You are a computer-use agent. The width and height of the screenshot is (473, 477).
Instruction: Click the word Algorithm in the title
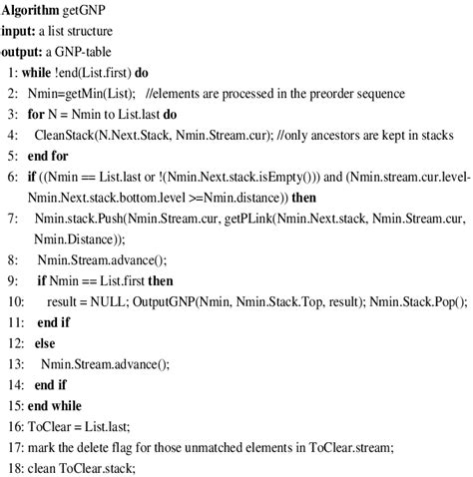click(34, 10)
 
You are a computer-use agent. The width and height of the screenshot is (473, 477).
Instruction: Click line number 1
click(11, 73)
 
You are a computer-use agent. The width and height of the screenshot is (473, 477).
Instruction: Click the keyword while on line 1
click(36, 73)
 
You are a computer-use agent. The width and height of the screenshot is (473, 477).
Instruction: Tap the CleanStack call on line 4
click(66, 134)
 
